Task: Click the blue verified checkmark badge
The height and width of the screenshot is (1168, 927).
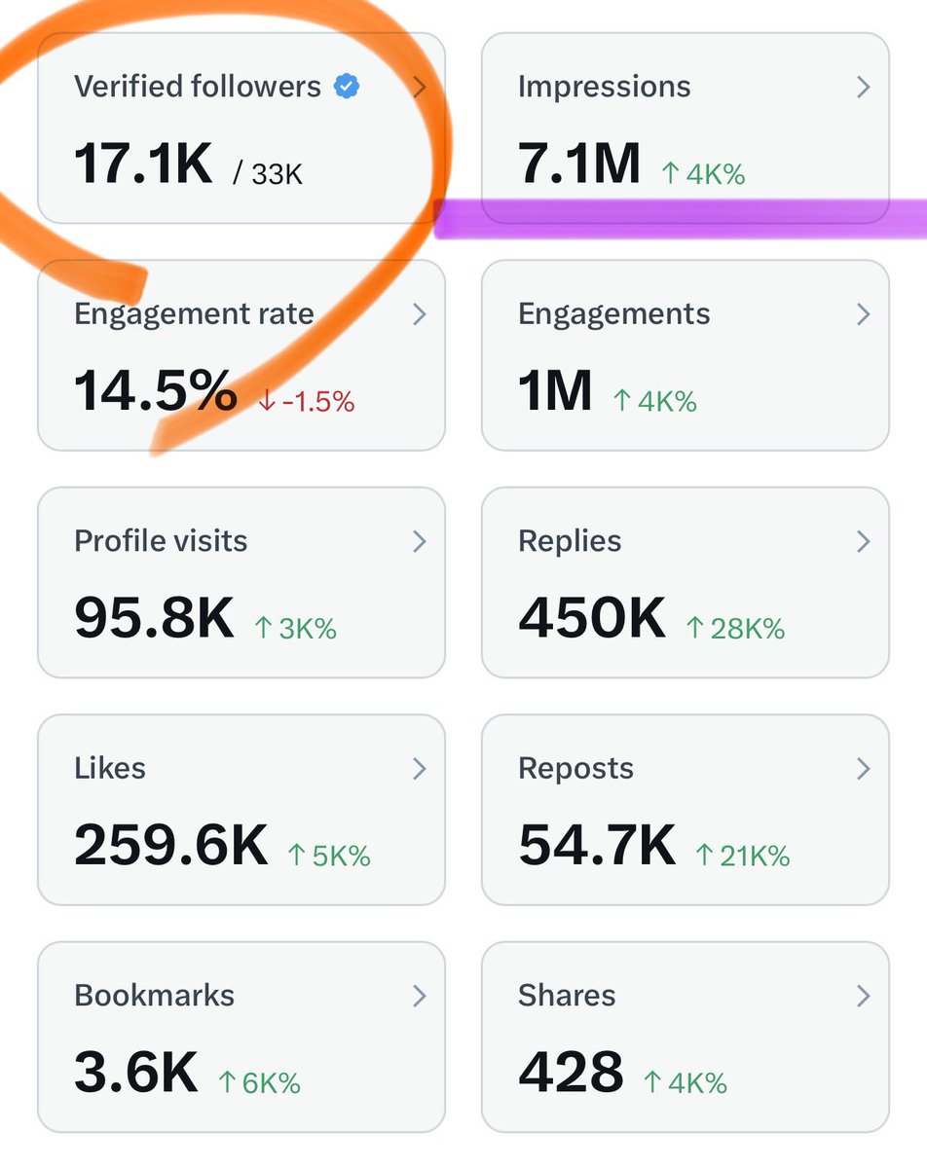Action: point(346,87)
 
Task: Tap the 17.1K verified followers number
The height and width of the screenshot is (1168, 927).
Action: point(143,163)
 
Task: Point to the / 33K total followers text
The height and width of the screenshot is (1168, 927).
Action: point(268,174)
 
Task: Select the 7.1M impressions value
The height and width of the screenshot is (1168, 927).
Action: point(579,163)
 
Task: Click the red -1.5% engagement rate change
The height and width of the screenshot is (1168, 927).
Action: point(306,401)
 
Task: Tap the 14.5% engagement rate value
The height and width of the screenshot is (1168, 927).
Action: point(156,390)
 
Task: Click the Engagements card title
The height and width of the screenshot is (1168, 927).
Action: point(613,314)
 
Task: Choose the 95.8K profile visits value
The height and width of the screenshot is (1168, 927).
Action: point(154,617)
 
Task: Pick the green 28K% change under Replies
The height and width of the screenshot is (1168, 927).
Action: point(735,629)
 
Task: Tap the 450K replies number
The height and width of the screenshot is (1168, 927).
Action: point(592,617)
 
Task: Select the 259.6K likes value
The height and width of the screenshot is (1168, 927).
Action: point(170,845)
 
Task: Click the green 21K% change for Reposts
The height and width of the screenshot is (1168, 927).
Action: point(743,857)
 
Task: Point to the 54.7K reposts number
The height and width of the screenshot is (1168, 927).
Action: point(596,845)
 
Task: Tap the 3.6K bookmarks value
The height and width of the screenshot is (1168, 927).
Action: point(135,1072)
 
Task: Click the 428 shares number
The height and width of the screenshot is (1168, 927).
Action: point(571,1072)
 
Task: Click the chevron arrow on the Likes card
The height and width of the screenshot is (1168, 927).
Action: point(419,769)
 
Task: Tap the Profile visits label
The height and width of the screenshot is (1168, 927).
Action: point(161,541)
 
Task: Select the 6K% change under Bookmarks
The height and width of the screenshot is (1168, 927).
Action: point(259,1083)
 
